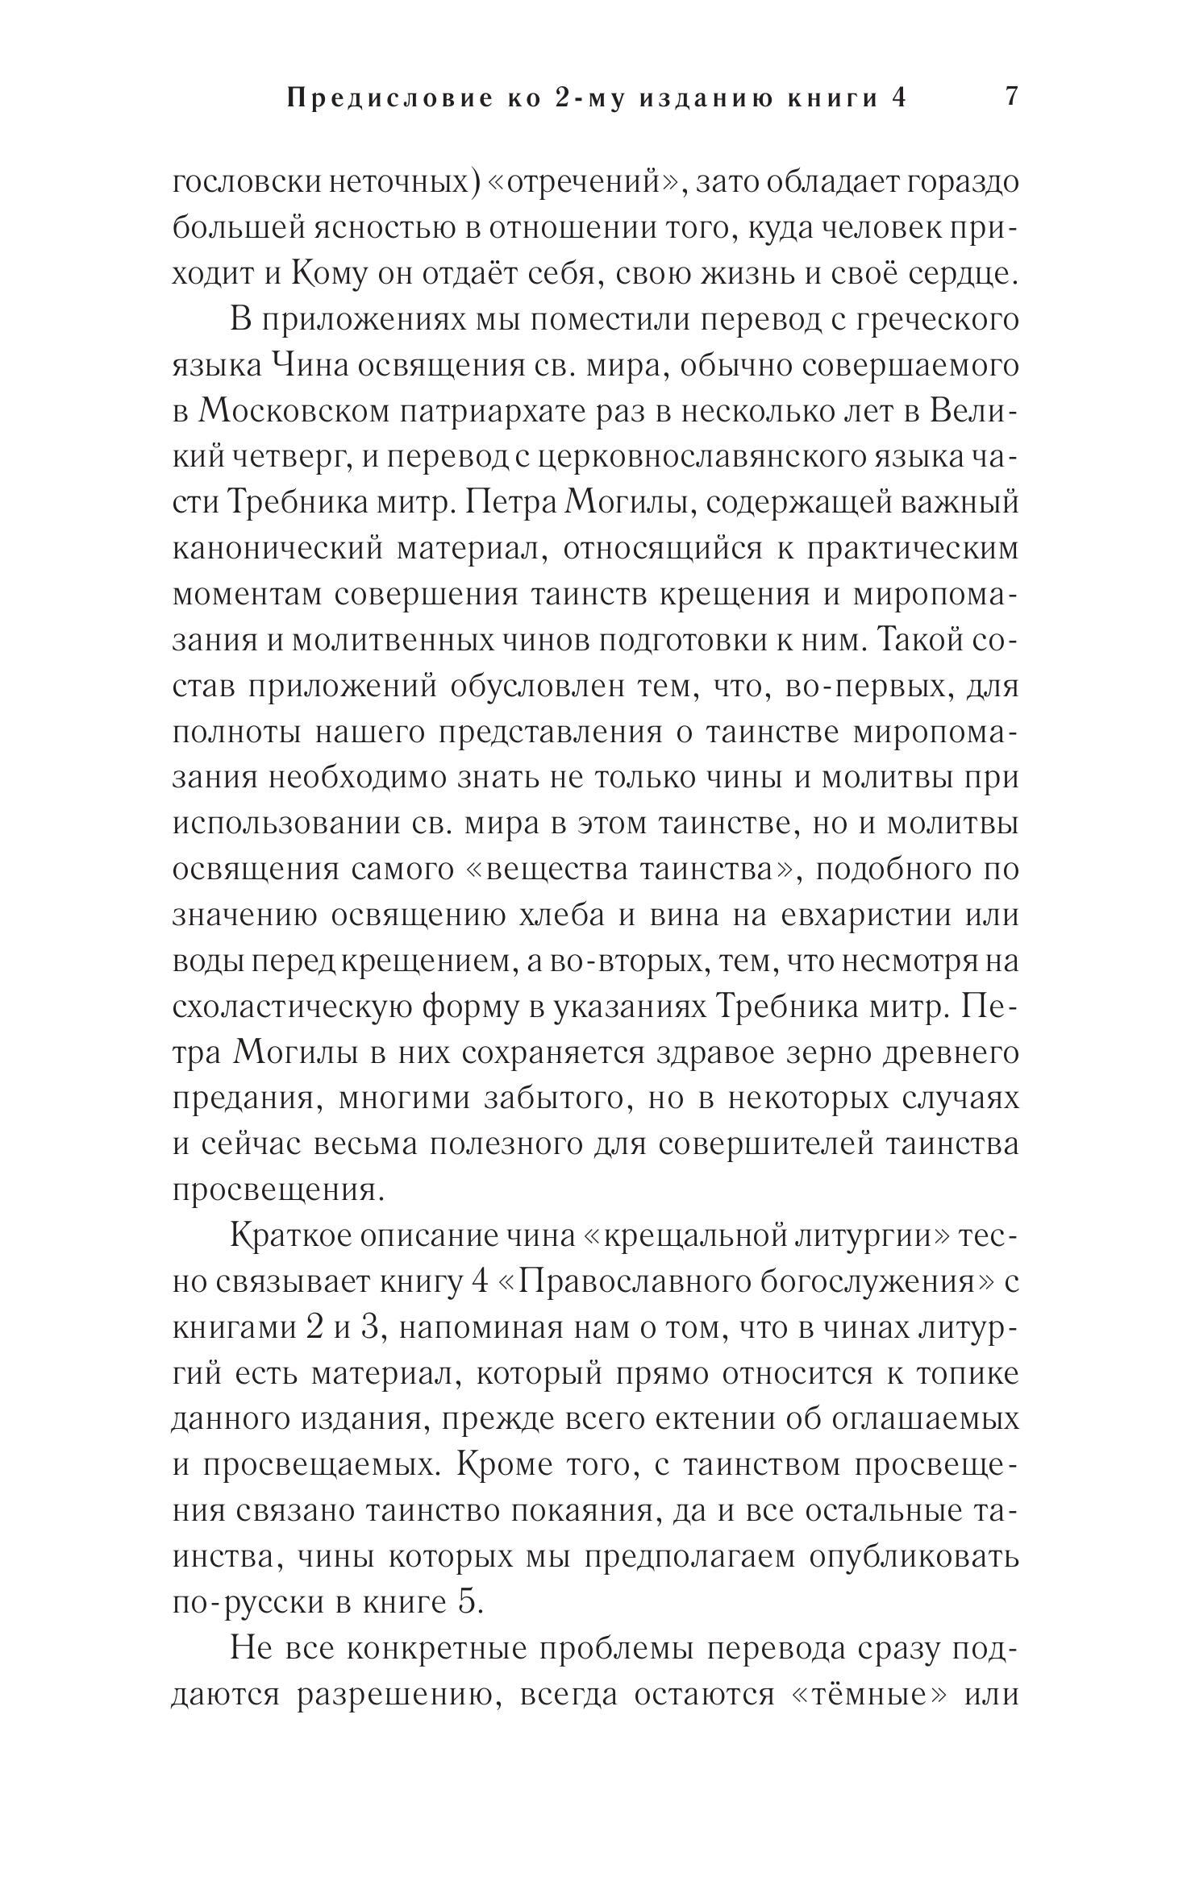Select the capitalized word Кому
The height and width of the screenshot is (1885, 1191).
(x=325, y=275)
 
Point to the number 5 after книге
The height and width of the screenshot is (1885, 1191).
(x=468, y=1603)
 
